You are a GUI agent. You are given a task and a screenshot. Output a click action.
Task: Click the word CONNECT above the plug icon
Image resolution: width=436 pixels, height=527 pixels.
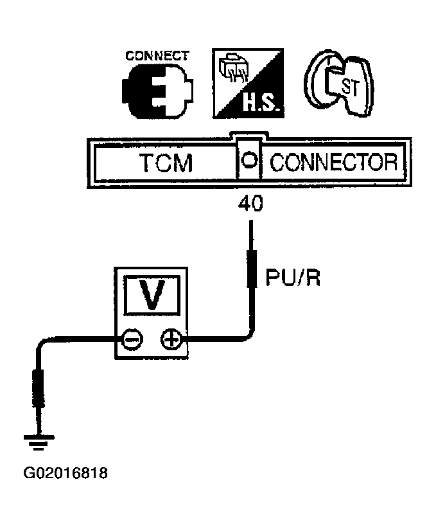pos(157,55)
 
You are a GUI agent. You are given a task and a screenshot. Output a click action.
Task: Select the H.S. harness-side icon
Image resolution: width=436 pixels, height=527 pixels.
pos(245,84)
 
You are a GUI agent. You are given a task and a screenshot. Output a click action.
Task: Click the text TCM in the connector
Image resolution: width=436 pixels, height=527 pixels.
pos(165,163)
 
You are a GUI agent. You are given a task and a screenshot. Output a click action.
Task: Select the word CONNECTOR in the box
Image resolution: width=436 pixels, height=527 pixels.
pos(333,163)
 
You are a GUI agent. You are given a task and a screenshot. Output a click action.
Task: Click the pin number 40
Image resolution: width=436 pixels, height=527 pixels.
pos(250,204)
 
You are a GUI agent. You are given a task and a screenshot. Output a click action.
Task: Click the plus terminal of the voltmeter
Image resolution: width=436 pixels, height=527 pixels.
pos(170,339)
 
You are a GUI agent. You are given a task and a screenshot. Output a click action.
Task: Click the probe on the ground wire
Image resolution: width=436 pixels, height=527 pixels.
pos(38,389)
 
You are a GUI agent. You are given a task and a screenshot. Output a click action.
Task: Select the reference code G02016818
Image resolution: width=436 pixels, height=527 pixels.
pos(65,474)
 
